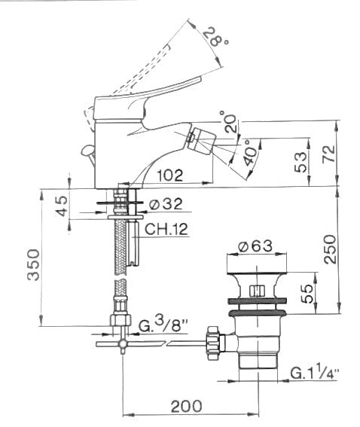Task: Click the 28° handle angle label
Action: [x=215, y=38]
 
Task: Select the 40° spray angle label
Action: [x=250, y=153]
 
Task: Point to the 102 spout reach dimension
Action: [x=170, y=175]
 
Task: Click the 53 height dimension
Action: [x=301, y=162]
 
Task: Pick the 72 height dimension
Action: [x=328, y=154]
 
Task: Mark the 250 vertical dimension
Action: [x=330, y=249]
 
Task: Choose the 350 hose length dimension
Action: [x=33, y=264]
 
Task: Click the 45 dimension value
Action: [x=62, y=206]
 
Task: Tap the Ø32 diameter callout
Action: [x=166, y=204]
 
